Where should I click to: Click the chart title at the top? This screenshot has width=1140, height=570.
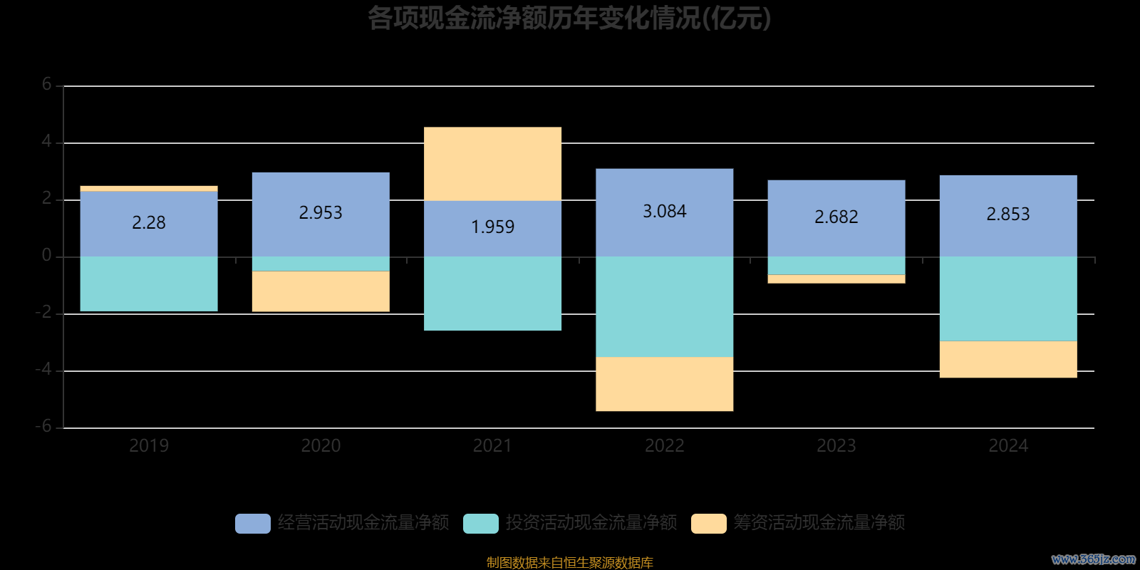point(569,19)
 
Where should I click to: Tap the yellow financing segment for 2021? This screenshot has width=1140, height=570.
point(492,164)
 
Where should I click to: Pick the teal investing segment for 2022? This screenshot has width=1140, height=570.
point(664,306)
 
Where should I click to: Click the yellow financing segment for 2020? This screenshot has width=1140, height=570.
point(321,291)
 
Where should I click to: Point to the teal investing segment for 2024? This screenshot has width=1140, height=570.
point(1008,299)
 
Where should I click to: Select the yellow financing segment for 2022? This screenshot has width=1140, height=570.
point(664,384)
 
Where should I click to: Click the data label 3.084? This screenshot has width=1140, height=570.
point(664,212)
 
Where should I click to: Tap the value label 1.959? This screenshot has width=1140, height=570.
point(492,227)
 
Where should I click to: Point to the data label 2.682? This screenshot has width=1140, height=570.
point(836,217)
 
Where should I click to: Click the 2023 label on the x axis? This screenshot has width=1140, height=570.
point(836,446)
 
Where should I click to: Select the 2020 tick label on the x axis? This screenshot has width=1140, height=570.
point(321,446)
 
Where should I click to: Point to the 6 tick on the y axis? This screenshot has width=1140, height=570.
point(47,85)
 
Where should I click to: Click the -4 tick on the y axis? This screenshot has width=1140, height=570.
point(44,370)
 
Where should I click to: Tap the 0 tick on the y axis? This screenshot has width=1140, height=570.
point(47,256)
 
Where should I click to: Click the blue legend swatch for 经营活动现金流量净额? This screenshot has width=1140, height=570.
point(253,524)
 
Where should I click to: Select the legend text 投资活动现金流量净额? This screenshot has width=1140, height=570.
point(591,523)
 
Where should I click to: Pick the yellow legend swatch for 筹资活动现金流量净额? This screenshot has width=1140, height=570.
point(709,524)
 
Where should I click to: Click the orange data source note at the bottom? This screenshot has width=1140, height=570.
point(569,563)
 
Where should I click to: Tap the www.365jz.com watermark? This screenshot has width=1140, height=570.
point(1094,559)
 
